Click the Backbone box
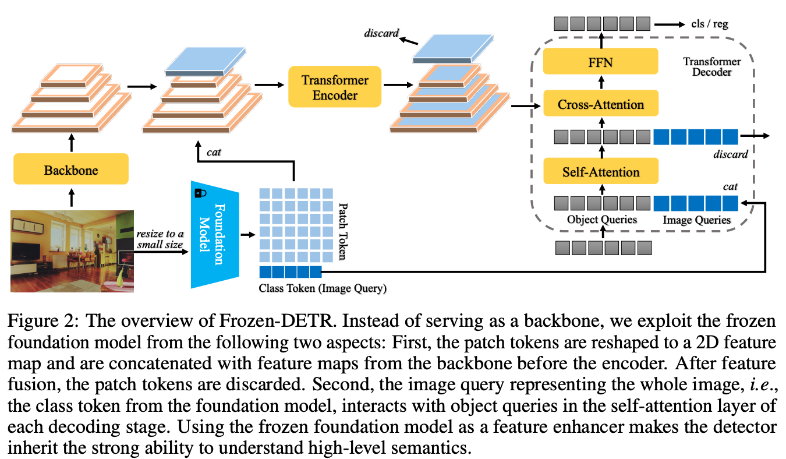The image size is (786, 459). pyautogui.click(x=70, y=171)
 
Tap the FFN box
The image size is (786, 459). pyautogui.click(x=600, y=61)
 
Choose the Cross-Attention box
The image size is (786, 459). pyautogui.click(x=600, y=105)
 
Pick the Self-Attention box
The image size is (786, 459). pyautogui.click(x=600, y=172)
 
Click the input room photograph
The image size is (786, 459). pyautogui.click(x=72, y=250)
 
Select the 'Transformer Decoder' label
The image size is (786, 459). pyautogui.click(x=711, y=67)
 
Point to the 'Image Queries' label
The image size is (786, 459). pyautogui.click(x=697, y=220)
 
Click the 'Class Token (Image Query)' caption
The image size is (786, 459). pyautogui.click(x=323, y=288)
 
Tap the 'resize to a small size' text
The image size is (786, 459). pyautogui.click(x=158, y=239)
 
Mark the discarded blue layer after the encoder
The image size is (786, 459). pyautogui.click(x=444, y=54)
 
